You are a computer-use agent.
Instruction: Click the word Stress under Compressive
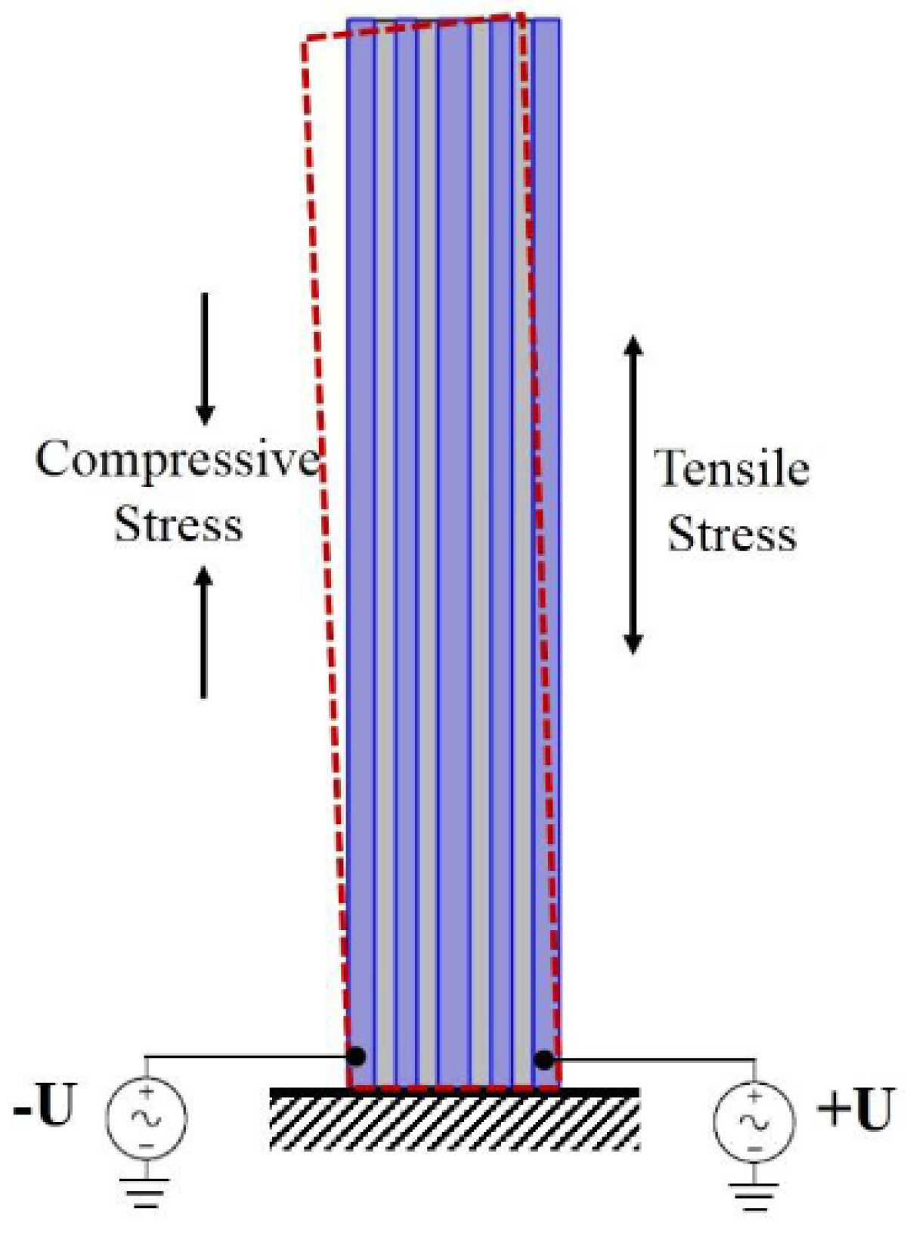point(178,524)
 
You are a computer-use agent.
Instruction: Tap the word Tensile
point(732,469)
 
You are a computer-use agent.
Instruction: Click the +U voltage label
point(855,1110)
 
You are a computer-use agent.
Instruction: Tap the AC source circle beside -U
point(146,1117)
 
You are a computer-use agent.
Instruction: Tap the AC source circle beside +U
point(754,1120)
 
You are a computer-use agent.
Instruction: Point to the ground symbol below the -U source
point(146,1192)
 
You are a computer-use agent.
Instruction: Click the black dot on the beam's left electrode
point(356,1056)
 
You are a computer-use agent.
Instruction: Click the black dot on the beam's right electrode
point(543,1059)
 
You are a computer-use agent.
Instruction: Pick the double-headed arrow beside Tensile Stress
point(633,495)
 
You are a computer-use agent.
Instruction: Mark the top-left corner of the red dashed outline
point(304,42)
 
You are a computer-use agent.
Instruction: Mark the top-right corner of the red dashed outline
point(522,15)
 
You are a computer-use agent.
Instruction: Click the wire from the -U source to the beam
point(242,1056)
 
